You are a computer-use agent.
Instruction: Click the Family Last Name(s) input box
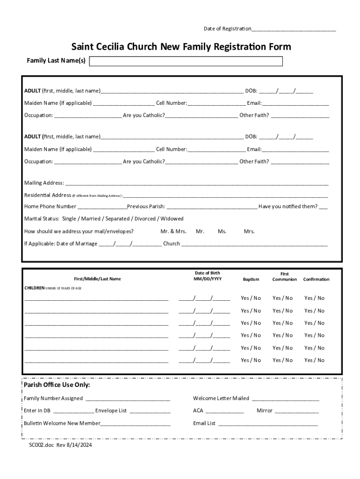186,61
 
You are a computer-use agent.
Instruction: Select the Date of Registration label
227,29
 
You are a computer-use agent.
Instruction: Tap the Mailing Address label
44,183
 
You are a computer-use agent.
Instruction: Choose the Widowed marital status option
172,218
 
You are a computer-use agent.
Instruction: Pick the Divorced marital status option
145,218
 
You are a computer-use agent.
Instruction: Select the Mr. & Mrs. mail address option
173,231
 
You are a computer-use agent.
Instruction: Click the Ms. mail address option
222,231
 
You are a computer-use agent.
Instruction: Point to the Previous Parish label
146,206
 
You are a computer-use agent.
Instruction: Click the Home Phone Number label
50,206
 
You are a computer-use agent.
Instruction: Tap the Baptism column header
251,279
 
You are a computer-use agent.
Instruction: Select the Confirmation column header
316,279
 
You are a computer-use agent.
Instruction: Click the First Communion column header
284,276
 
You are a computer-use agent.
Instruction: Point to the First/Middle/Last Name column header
97,279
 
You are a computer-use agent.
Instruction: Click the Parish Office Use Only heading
57,385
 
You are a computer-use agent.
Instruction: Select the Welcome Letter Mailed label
221,399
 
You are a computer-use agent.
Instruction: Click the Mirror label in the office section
264,411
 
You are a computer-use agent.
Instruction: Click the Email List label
204,423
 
